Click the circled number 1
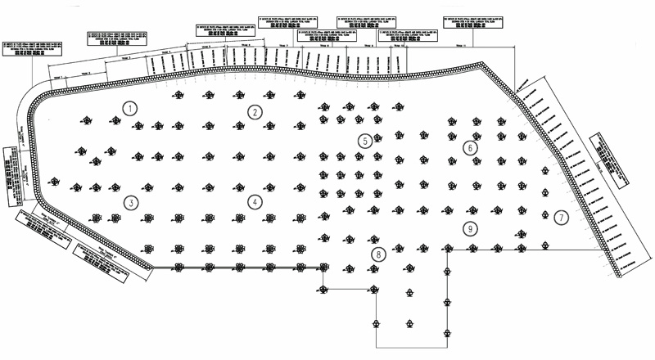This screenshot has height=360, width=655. point(129,107)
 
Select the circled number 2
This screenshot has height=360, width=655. point(255,112)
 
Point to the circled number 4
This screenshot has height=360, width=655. point(255,201)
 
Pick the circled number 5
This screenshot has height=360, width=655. point(364,140)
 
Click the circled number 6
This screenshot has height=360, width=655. point(469,148)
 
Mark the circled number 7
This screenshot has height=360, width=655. point(560,218)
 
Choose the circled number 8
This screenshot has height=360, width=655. point(377,254)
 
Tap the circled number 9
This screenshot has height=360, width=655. point(469,228)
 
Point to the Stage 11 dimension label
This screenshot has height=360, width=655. point(458,47)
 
